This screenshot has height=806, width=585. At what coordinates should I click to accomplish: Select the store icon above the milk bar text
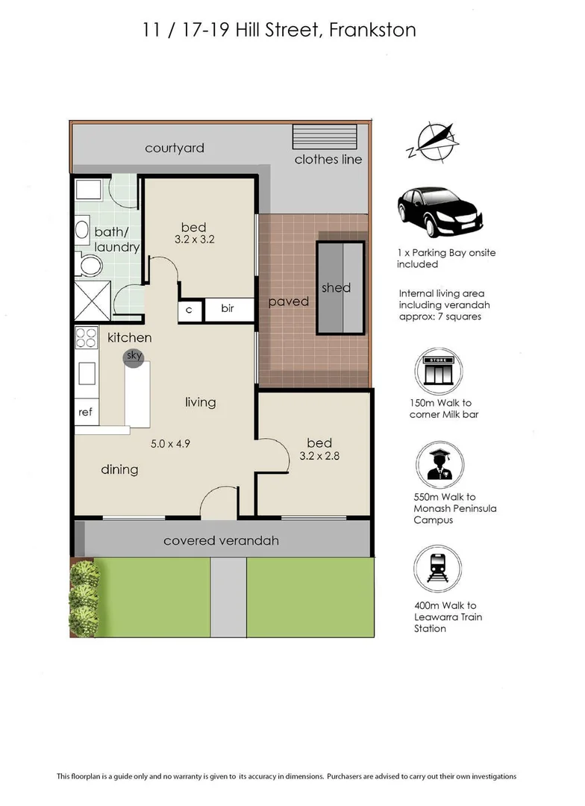[x=438, y=371]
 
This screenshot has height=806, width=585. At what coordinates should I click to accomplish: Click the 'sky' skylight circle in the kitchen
[x=134, y=356]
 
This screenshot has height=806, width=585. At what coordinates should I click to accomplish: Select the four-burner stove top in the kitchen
[x=87, y=338]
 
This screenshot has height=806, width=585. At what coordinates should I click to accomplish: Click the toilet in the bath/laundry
[x=89, y=265]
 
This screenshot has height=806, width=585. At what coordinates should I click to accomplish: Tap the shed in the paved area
[x=341, y=287]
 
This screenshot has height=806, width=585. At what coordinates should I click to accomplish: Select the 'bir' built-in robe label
[x=228, y=310]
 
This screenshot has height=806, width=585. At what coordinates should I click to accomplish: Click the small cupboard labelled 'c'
[x=189, y=310]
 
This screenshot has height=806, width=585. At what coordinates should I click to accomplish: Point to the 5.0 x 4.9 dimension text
[x=172, y=444]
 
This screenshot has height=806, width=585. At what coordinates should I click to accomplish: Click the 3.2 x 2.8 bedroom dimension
[x=319, y=456]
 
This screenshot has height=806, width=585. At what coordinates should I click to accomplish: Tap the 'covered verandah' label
[x=221, y=540]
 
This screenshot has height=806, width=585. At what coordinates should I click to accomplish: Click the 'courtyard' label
[x=174, y=149]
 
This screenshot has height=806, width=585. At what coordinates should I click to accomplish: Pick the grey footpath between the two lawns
[x=228, y=597]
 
